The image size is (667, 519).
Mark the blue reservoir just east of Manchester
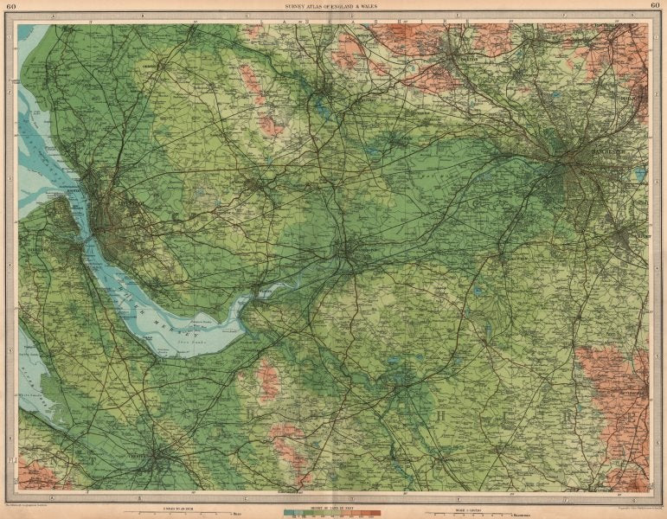pos(640,174)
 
